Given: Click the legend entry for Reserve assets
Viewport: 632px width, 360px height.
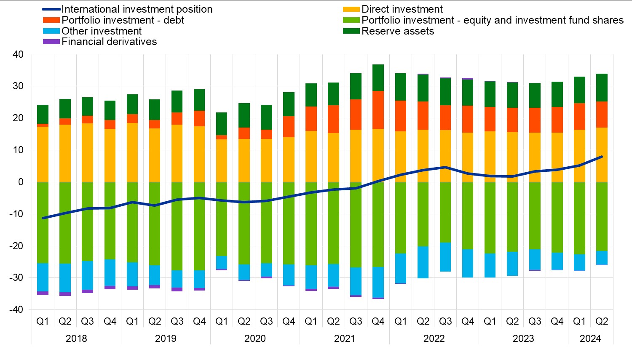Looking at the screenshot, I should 397,31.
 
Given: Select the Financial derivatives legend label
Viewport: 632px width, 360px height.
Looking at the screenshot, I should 109,42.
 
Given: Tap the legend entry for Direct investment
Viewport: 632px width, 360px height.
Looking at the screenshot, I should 402,9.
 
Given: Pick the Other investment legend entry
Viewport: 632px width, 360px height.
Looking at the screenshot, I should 101,31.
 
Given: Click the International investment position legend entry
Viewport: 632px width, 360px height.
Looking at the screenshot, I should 137,9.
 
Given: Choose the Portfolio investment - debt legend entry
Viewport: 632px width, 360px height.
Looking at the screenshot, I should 123,20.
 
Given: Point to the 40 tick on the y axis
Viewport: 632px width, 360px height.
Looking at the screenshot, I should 18,54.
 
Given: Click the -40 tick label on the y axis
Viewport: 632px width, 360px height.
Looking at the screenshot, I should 16,309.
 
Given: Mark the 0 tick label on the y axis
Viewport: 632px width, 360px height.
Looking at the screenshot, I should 21,182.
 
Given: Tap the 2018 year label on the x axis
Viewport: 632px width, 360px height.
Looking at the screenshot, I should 76,339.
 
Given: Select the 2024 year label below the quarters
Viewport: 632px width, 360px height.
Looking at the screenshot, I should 590,339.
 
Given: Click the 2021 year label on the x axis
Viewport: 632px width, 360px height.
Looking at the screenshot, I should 345,339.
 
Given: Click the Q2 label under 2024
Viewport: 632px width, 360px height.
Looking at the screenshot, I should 602,322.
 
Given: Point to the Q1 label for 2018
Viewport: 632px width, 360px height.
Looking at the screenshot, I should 43,322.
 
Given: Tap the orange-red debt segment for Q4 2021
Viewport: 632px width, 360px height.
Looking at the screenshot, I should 378,110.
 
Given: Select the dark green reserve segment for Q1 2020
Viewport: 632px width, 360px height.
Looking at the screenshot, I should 222,124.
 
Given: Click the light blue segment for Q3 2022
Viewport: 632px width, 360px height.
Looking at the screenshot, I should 445,257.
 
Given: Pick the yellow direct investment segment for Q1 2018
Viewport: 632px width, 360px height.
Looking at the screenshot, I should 43,154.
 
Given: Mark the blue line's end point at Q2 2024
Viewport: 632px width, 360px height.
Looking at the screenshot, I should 602,157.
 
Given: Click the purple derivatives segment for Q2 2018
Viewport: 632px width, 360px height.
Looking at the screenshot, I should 65,294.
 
